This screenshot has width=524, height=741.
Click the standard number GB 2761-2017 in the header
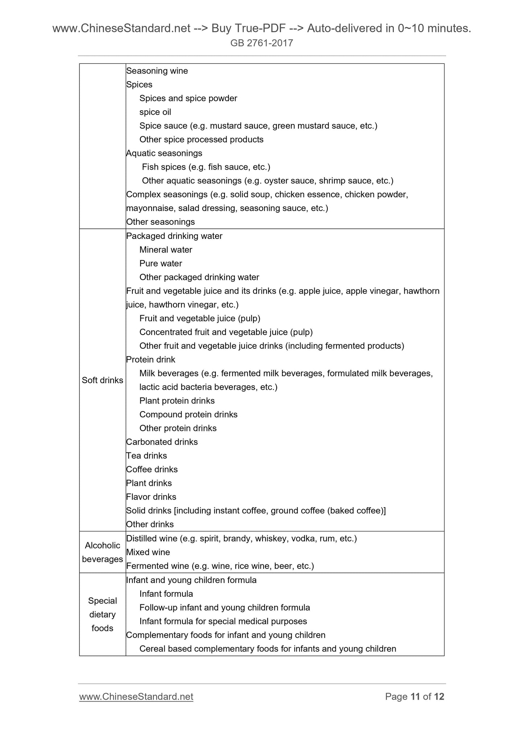tap(261, 44)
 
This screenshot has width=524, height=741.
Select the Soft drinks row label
tap(102, 380)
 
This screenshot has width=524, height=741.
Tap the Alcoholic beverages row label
tap(102, 552)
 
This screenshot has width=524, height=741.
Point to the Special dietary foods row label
tap(102, 614)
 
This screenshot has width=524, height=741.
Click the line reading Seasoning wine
tap(157, 71)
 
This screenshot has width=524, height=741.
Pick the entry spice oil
tap(155, 112)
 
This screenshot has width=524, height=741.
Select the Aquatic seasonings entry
tap(164, 153)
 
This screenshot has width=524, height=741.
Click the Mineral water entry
tap(166, 250)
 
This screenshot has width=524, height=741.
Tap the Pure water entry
tap(161, 264)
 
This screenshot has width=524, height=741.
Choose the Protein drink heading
tap(150, 360)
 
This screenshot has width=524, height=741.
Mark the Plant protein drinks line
tap(177, 401)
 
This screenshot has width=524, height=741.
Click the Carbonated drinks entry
tap(162, 442)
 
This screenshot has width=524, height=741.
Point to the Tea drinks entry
tap(147, 456)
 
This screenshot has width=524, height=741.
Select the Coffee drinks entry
tap(152, 469)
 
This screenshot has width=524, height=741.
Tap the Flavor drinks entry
tap(151, 497)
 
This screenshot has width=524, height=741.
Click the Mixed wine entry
tap(148, 552)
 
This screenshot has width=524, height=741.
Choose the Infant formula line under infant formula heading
tap(166, 594)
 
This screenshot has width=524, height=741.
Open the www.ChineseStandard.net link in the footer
tap(136, 697)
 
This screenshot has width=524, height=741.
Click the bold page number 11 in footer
tap(415, 697)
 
